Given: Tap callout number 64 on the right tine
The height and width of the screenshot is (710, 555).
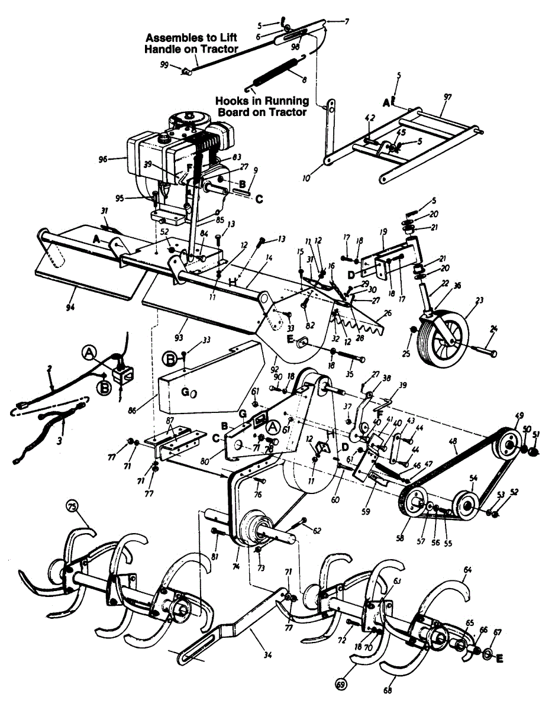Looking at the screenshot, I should pos(467,570).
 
